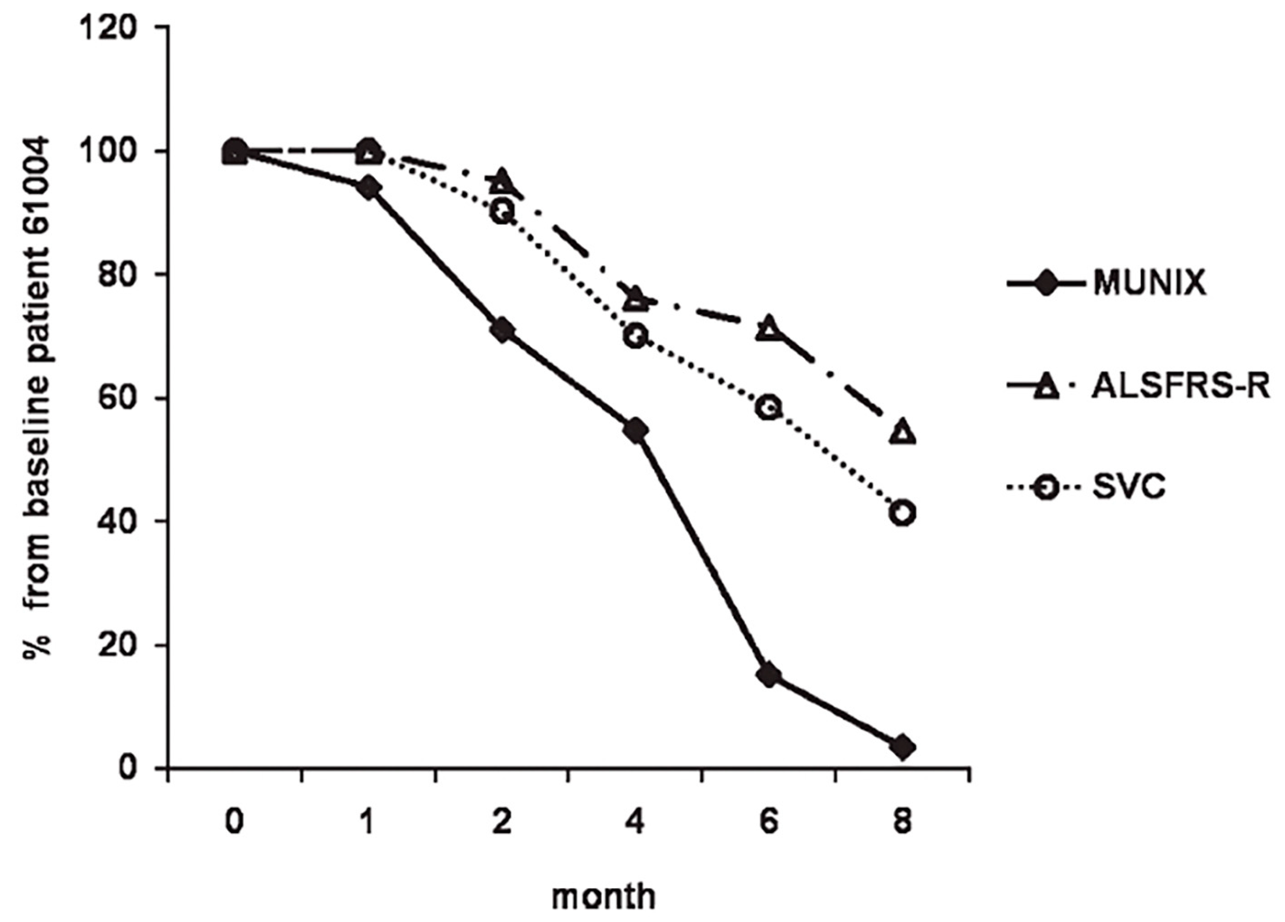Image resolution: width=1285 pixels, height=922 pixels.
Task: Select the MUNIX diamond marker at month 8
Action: tap(903, 747)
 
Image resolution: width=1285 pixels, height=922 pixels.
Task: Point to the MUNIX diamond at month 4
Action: tap(636, 431)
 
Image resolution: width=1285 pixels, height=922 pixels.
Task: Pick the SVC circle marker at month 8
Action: tap(903, 512)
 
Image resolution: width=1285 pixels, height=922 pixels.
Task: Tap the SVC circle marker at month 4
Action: tap(636, 335)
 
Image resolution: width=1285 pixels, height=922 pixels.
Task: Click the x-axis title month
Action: tap(603, 896)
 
